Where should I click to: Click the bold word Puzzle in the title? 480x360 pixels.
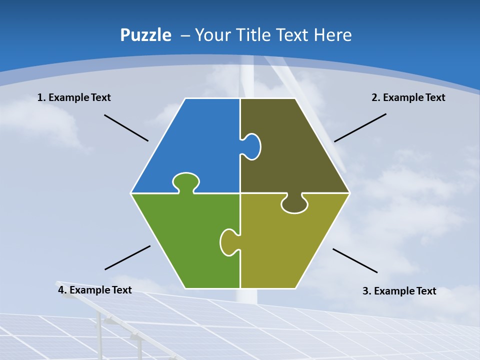[145, 35]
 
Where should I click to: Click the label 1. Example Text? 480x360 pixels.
[74, 97]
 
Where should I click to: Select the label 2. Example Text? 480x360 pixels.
[408, 97]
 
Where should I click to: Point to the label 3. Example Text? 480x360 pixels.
[399, 291]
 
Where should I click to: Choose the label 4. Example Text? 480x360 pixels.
[95, 290]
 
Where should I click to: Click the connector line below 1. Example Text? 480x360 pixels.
[126, 128]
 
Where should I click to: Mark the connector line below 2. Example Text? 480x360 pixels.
[360, 127]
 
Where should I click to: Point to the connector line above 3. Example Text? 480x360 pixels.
[355, 260]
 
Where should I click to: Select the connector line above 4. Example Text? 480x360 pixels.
[127, 257]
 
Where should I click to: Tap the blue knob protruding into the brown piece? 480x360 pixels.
[251, 146]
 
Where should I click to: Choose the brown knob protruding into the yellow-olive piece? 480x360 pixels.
[294, 204]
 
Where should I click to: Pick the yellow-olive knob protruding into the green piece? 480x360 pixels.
[229, 242]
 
